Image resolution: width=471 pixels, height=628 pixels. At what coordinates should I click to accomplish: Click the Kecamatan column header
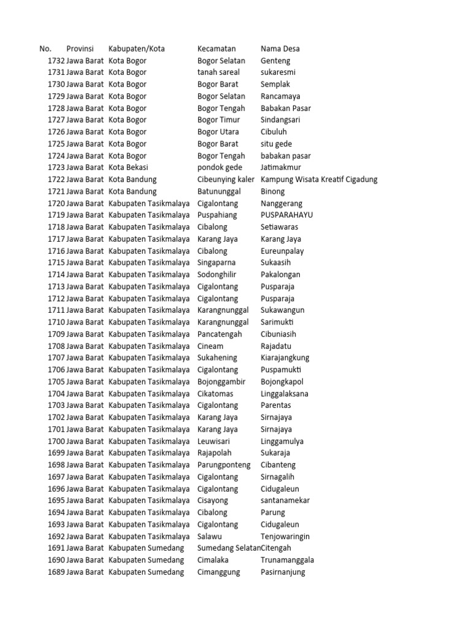(x=216, y=48)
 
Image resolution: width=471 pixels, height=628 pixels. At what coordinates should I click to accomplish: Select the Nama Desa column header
(x=280, y=48)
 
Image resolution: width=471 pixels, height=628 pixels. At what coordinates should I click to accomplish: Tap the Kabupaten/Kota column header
(x=136, y=48)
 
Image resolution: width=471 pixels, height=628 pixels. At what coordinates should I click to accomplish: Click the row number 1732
(x=56, y=61)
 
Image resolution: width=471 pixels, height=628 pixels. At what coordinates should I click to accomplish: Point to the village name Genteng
(x=275, y=61)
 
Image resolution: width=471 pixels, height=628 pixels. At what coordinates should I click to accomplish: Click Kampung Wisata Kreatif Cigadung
(x=319, y=180)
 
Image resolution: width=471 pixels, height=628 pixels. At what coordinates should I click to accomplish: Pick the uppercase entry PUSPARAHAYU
(x=286, y=215)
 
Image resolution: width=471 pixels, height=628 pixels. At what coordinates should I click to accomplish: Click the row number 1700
(x=56, y=441)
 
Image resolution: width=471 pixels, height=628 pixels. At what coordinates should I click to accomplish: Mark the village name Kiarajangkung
(x=285, y=358)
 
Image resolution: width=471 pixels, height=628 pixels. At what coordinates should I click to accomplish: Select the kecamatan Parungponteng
(x=224, y=465)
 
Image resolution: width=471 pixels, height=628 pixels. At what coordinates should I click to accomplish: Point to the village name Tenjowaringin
(x=285, y=536)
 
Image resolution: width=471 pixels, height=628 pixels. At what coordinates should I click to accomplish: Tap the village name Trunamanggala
(x=287, y=560)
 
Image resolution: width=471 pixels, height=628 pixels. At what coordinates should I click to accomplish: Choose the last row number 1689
(x=56, y=572)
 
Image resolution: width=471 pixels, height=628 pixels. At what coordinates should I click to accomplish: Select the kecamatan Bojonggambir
(x=221, y=381)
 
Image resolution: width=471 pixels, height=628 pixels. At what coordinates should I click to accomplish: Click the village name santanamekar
(x=285, y=500)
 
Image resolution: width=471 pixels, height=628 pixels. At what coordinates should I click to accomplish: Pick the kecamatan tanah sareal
(x=218, y=72)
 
